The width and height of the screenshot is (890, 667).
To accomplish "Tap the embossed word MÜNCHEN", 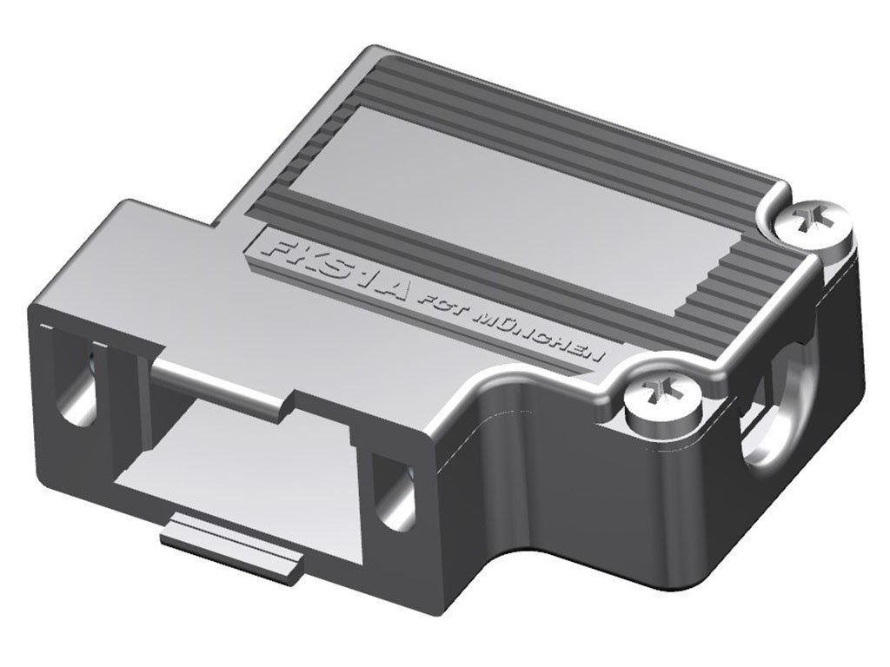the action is (x=539, y=336).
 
